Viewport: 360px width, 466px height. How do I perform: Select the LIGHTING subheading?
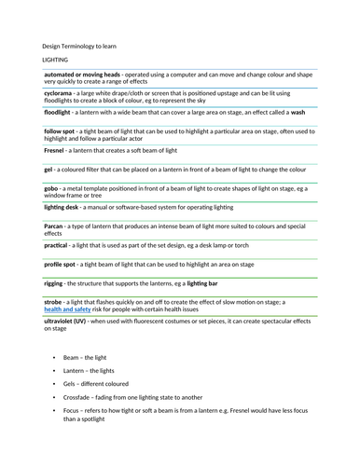pyautogui.click(x=58, y=59)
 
